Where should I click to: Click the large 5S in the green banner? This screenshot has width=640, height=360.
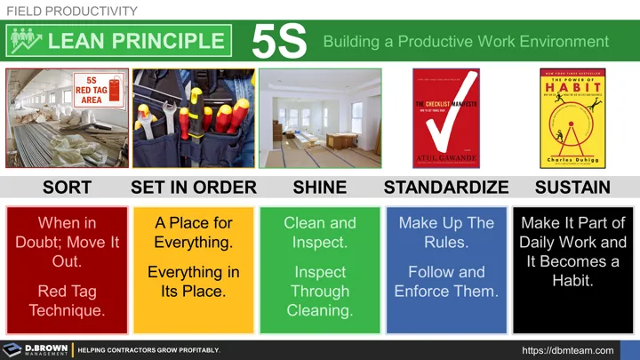278,41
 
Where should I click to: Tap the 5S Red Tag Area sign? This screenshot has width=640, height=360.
92,89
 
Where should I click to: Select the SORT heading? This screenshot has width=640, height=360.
67,188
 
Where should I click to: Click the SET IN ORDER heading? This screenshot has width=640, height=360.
193,188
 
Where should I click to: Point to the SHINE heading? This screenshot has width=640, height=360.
319,188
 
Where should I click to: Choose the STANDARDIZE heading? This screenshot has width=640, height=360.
446,188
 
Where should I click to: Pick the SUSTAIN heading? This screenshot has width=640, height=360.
572,188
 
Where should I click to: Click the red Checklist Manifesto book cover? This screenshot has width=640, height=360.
446,118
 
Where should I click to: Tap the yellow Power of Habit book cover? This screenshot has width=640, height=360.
573,118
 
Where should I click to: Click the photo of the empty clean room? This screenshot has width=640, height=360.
320,118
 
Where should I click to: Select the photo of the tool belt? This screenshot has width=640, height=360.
193,118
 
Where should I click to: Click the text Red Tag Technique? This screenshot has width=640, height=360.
67,300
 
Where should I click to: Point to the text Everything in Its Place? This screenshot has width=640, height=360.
193,281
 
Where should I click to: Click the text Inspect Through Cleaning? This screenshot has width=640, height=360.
319,291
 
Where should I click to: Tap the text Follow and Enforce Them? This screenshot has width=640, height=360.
446,281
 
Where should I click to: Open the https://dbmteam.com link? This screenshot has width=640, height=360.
567,350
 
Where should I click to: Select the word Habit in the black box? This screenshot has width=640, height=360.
572,281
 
